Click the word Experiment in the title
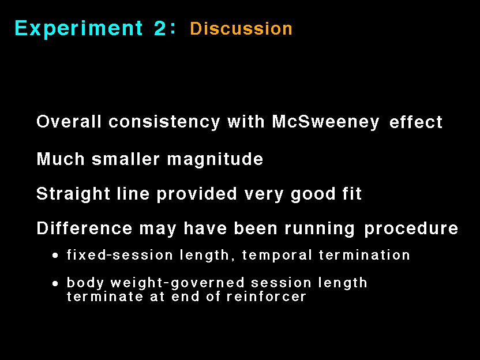coord(78,28)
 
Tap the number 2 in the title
coord(160,28)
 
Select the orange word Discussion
coord(241,28)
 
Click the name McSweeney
coord(325,122)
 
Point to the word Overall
coord(69,121)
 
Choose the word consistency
coord(164,122)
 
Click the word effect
coord(416,122)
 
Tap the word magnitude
coord(215,159)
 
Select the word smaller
coord(126,159)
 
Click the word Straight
coord(73,194)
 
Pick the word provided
coord(197,194)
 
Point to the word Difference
coord(84,228)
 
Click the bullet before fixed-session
coord(55,256)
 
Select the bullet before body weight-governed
coord(55,284)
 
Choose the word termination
coord(364,254)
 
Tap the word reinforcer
coord(267,297)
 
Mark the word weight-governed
coord(178,283)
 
